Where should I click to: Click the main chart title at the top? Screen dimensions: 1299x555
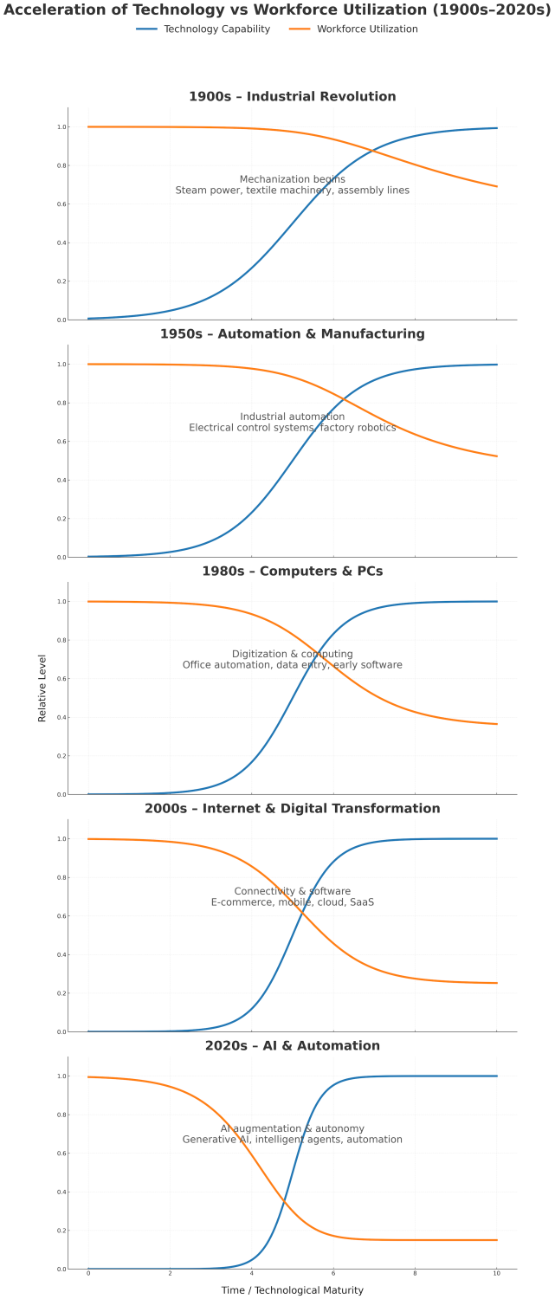277,10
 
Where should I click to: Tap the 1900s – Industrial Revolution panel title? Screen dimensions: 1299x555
293,97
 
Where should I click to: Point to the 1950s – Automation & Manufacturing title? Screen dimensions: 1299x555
293,334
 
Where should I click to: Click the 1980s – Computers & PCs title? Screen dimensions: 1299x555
293,572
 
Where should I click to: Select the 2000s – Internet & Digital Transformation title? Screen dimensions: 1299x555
293,809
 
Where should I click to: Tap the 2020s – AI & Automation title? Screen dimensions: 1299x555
293,1046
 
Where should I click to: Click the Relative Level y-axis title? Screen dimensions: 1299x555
42,688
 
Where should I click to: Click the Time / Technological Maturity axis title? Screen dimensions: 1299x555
293,1290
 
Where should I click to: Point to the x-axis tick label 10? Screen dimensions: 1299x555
496,1276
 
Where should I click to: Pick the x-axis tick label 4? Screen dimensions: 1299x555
251,1276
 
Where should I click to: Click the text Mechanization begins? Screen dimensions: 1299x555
293,179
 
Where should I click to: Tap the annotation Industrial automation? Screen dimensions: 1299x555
293,417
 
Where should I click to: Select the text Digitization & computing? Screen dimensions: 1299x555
293,654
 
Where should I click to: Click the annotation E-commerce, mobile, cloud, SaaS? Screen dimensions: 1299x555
293,902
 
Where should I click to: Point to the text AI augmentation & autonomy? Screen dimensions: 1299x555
293,1128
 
